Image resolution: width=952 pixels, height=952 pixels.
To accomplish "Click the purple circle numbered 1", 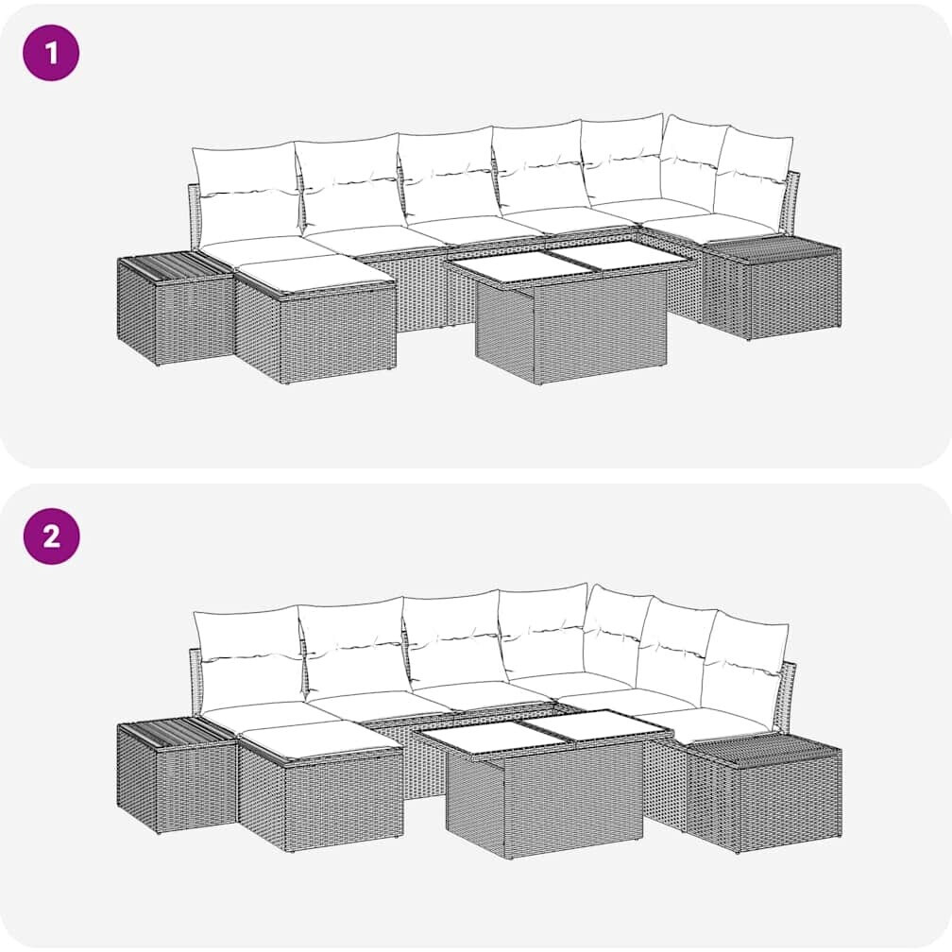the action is (x=52, y=53).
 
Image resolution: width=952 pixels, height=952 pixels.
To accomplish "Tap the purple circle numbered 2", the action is (x=52, y=536).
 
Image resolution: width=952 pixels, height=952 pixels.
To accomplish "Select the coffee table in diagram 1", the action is (x=569, y=311).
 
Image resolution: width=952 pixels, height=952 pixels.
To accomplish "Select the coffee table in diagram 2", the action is (x=540, y=784).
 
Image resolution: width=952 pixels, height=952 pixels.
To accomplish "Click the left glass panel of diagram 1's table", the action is (x=506, y=268).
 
